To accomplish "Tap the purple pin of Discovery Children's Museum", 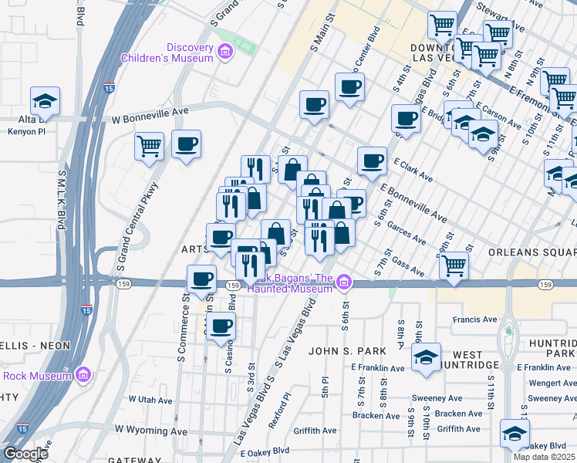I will click(225, 52).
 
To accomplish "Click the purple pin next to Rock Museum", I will click(84, 376).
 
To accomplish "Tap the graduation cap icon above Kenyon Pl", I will click(46, 101).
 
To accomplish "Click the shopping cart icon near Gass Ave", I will click(454, 266).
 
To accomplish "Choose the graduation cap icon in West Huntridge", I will click(426, 357).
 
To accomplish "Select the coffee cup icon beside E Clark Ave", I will click(373, 161).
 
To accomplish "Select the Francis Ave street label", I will click(475, 319).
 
